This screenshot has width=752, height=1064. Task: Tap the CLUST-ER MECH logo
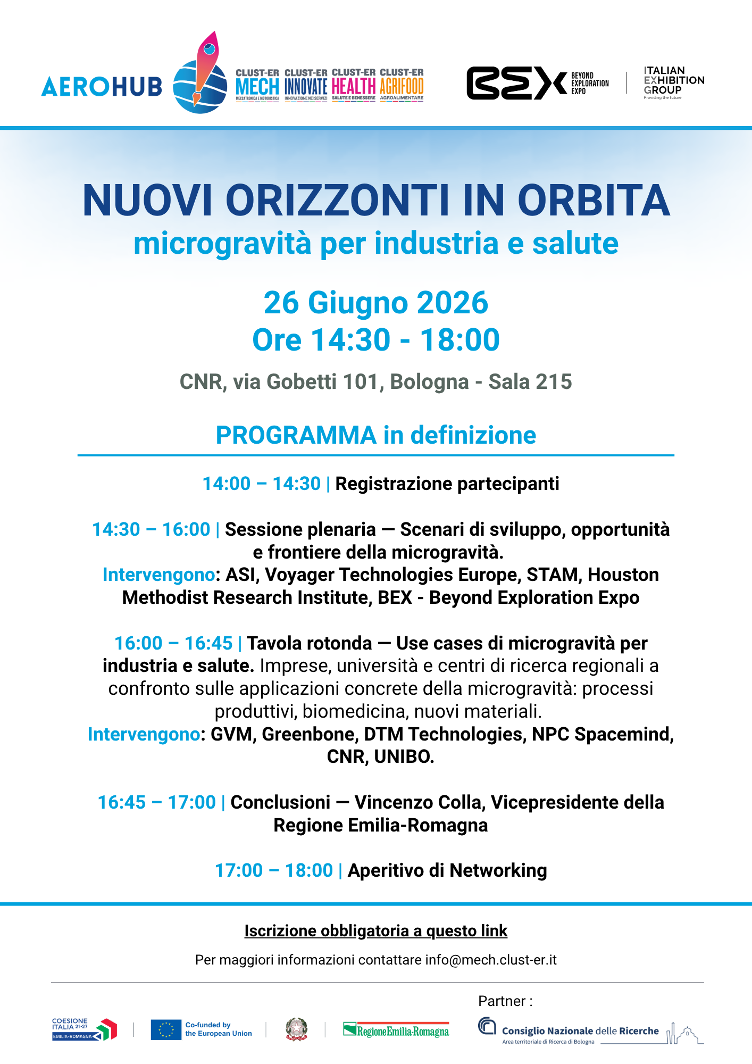[257, 85]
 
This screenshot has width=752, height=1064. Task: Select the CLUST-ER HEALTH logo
[354, 85]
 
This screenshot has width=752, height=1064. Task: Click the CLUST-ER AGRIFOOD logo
[402, 85]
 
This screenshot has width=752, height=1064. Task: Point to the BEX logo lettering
[516, 83]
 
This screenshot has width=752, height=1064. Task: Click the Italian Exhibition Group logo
[674, 82]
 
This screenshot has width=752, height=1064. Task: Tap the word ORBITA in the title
[594, 201]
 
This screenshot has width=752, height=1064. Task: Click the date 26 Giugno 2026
[376, 303]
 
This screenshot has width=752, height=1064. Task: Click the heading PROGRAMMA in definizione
[376, 435]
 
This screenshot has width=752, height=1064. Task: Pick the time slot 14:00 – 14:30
[262, 484]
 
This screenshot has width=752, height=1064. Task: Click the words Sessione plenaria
[300, 529]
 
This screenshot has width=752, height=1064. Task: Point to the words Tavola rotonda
[310, 643]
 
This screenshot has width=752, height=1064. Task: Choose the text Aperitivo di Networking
[447, 870]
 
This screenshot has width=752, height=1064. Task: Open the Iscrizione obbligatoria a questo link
[376, 931]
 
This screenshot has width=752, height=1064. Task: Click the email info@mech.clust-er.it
[491, 960]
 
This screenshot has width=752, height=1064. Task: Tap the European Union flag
[166, 1029]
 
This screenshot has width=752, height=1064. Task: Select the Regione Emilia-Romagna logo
[396, 1030]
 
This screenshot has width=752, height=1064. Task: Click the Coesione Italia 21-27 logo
[84, 1029]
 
